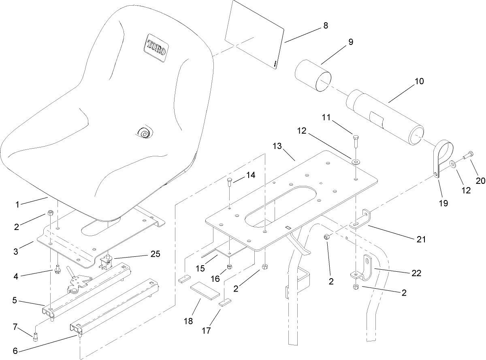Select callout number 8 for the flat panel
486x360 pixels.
click(x=325, y=26)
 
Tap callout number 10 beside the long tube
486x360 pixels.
click(x=419, y=81)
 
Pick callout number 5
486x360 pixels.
click(x=15, y=300)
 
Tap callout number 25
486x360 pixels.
click(x=155, y=254)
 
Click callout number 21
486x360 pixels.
click(x=421, y=239)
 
